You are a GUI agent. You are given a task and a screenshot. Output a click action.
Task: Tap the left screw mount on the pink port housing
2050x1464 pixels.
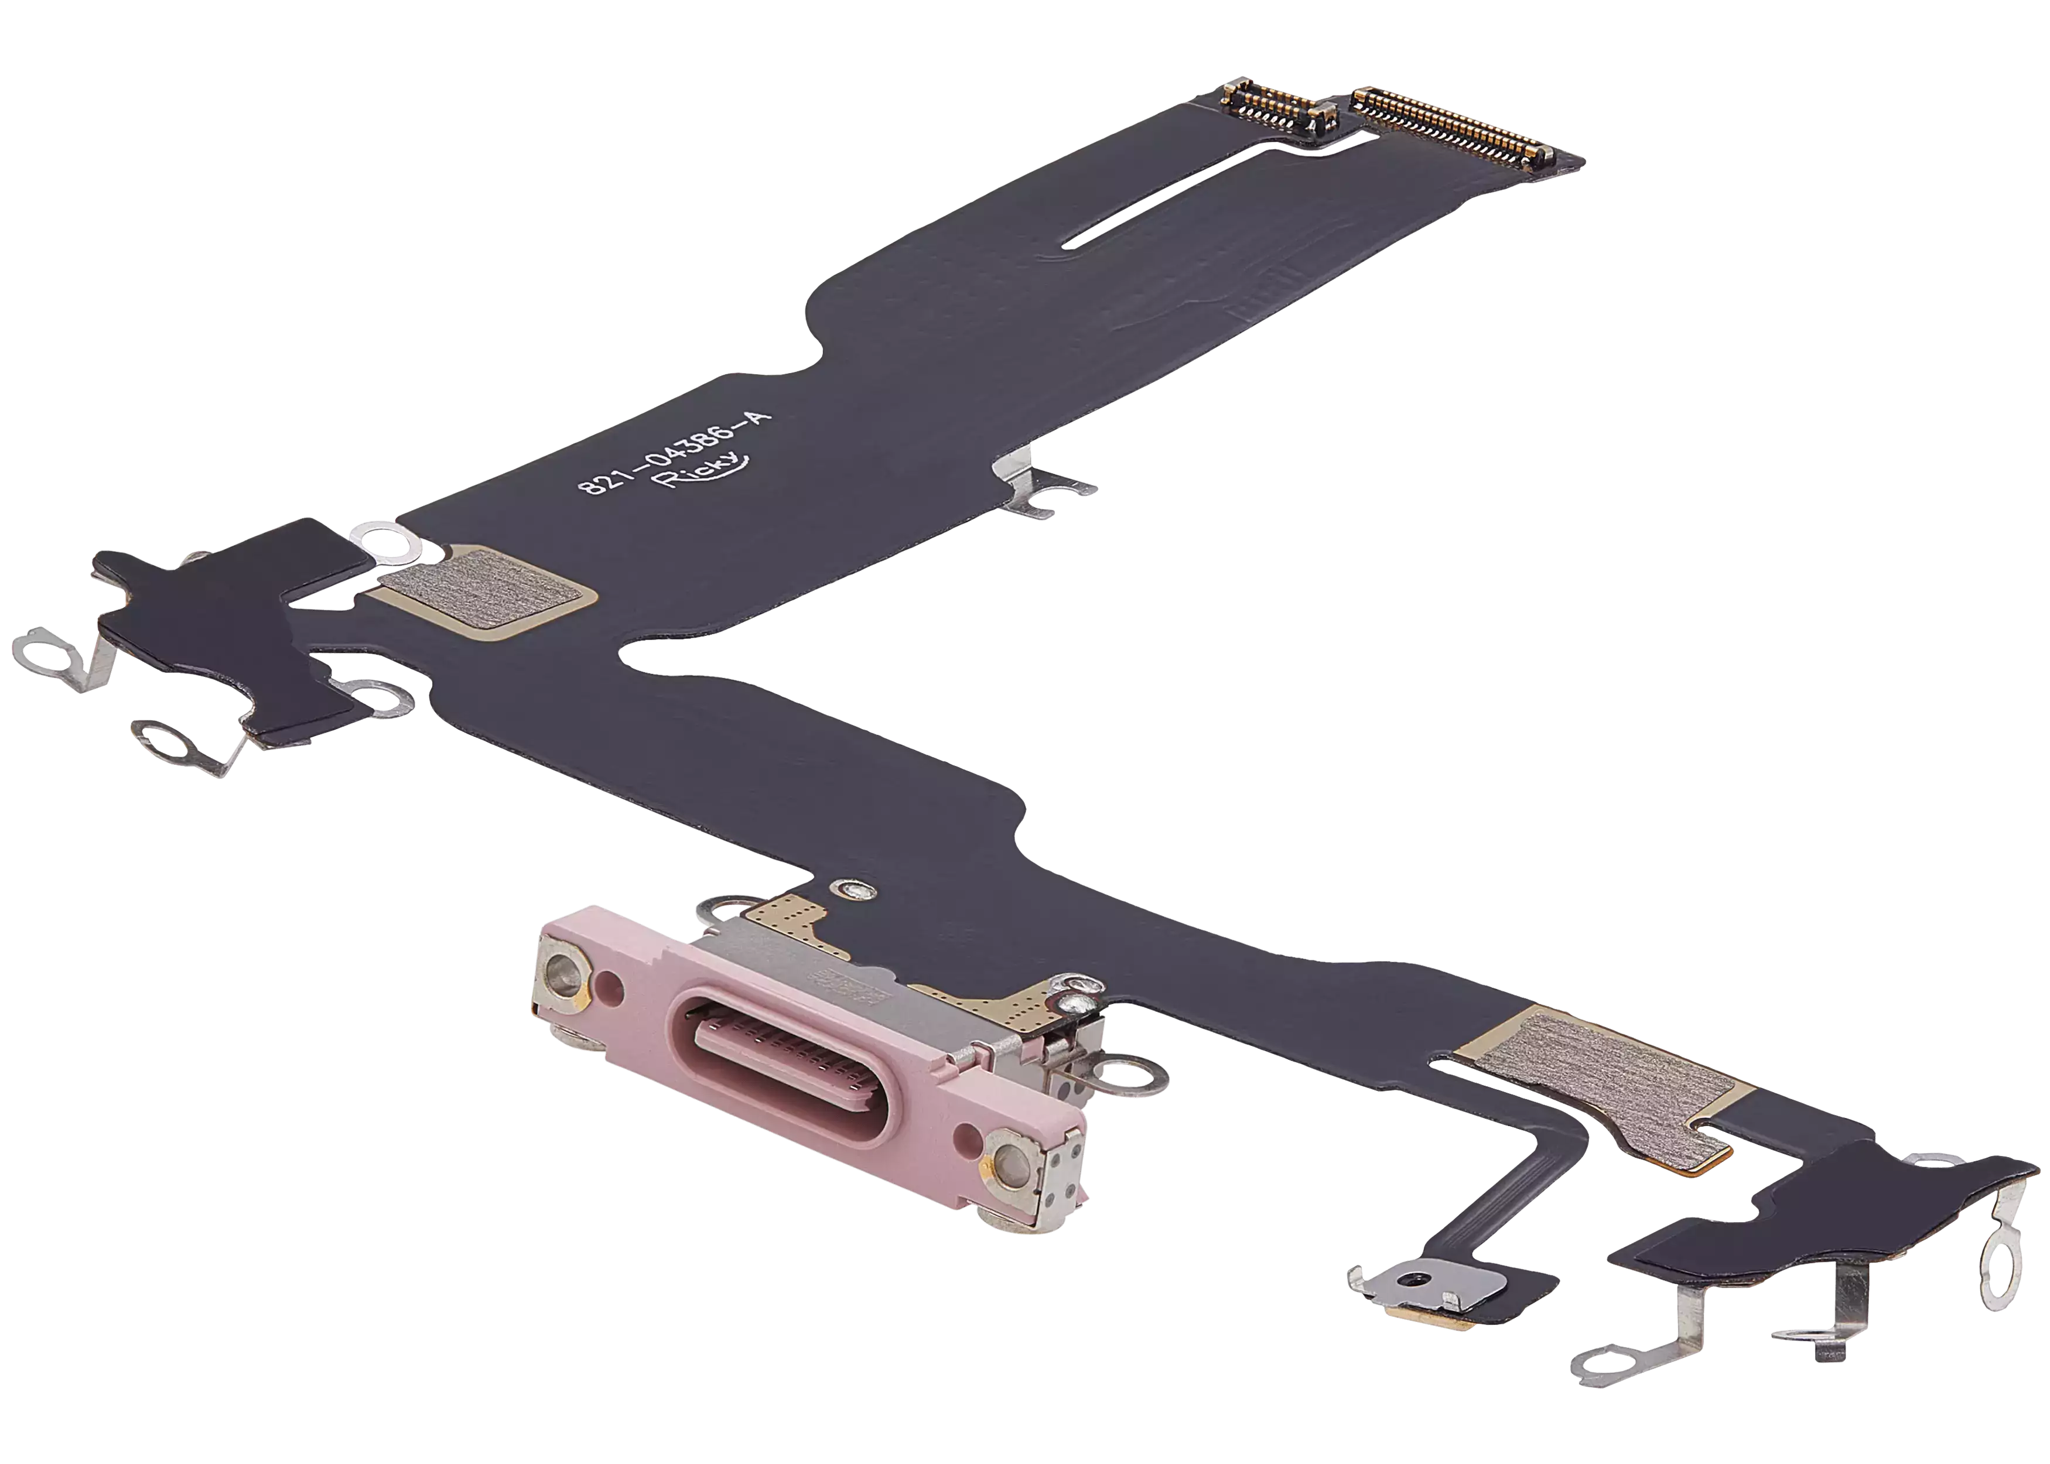[565, 971]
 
